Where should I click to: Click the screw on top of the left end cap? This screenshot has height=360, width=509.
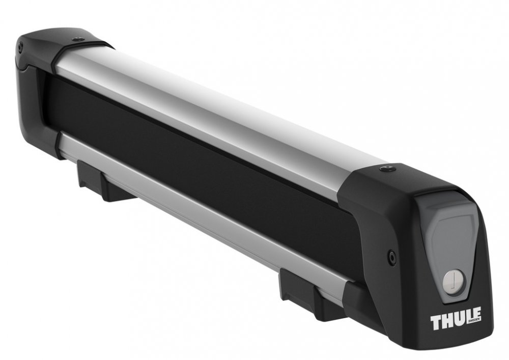77,40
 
